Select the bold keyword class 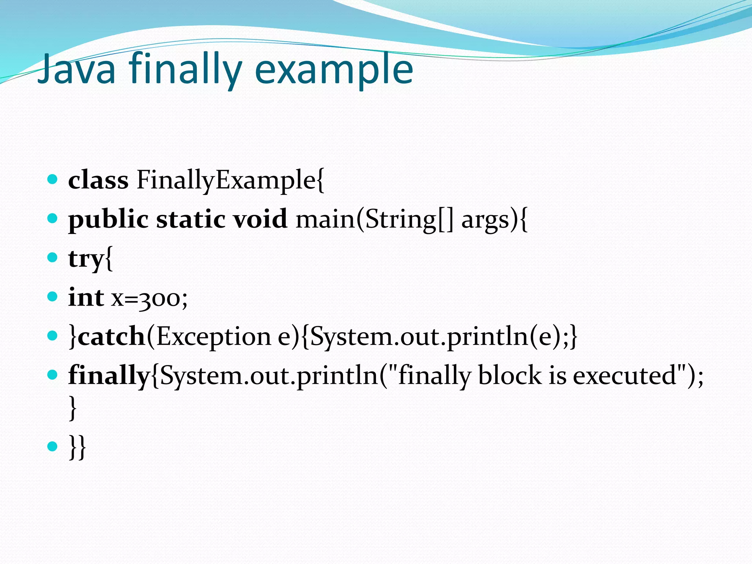tap(98, 180)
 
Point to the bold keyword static tap(191, 219)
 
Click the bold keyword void tap(260, 219)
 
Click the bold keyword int tap(86, 297)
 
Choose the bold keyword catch tap(112, 336)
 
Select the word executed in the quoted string tap(624, 375)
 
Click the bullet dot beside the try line tap(53, 257)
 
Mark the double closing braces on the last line tap(77, 446)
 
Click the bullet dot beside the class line tap(53, 180)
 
